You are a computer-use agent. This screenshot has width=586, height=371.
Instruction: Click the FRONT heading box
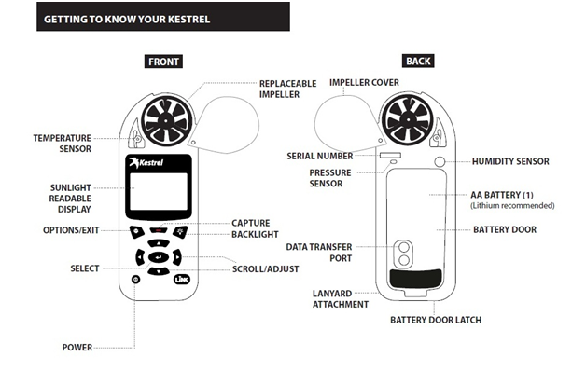(x=163, y=62)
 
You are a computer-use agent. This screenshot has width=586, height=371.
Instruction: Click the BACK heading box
(x=418, y=61)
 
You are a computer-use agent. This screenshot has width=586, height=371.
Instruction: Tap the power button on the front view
(x=136, y=279)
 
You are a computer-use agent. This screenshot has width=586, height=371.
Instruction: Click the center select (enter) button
(x=159, y=257)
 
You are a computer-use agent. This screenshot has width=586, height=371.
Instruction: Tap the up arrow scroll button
(x=159, y=243)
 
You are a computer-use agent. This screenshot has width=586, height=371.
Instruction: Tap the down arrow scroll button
(x=159, y=271)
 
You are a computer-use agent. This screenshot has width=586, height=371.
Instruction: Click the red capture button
(x=158, y=230)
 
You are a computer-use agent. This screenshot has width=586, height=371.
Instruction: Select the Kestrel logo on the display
(x=146, y=162)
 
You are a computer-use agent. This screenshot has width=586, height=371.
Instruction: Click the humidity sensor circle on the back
(x=439, y=161)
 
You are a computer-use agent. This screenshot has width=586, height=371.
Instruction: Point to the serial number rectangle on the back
(x=390, y=155)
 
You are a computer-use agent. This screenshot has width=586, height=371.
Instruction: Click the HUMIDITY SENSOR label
(x=510, y=161)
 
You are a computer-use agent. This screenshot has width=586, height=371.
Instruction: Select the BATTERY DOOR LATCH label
(x=436, y=320)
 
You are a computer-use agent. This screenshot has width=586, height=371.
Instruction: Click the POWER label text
(x=77, y=348)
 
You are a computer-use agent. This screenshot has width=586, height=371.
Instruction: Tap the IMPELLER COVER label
(x=364, y=82)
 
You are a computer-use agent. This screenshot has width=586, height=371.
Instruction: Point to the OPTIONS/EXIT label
(x=71, y=230)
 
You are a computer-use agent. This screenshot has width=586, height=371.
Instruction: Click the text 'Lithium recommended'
(x=512, y=206)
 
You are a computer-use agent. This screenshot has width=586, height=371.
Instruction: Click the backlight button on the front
(x=180, y=232)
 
